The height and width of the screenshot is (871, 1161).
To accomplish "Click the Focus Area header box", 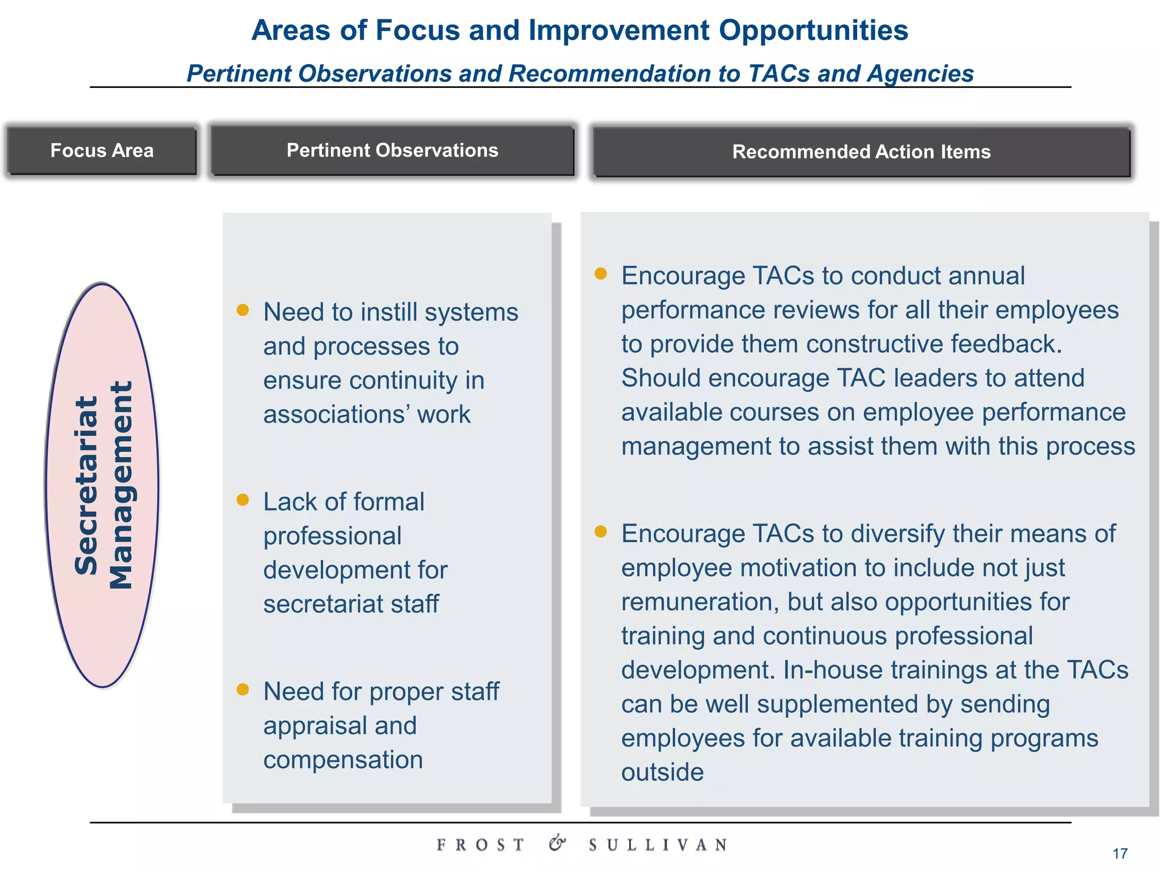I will tap(102, 151).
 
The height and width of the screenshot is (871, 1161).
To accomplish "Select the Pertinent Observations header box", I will tap(392, 151).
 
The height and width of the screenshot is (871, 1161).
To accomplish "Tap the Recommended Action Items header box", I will tap(861, 152).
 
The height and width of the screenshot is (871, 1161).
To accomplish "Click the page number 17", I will tap(1120, 853).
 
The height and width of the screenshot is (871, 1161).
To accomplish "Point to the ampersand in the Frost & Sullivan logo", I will tap(557, 843).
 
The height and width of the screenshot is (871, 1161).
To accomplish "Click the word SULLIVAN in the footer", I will tap(658, 845).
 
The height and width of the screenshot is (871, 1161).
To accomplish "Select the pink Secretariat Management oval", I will tap(102, 485).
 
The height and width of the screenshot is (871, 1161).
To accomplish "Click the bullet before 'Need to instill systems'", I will tap(243, 310).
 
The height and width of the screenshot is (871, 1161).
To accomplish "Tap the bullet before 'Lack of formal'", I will tap(243, 500).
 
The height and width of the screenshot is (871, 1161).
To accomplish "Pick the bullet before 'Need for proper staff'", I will tap(243, 690).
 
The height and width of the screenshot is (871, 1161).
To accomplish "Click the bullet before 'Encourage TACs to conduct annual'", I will tap(601, 274).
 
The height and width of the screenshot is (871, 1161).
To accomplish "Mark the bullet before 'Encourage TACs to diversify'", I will tap(601, 531).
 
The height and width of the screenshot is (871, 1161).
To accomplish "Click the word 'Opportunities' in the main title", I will tap(813, 31).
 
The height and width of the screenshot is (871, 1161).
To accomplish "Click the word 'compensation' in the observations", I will tap(343, 760).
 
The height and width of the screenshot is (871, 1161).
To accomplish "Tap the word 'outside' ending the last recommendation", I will tap(662, 772).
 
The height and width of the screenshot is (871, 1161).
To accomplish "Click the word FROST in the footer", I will tap(481, 845).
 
